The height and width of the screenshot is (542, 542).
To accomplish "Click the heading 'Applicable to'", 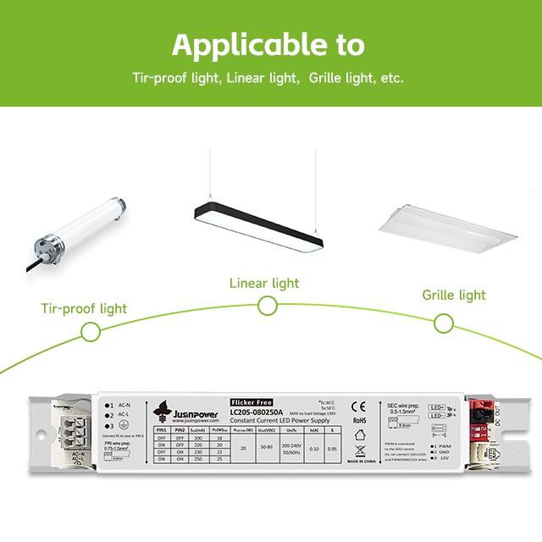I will pos(268,43).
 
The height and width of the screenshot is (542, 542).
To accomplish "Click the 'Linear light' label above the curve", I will pos(264,283).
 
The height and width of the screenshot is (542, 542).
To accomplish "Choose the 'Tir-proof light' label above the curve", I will pos(83,308).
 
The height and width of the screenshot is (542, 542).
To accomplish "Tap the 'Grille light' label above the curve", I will pos(454,295).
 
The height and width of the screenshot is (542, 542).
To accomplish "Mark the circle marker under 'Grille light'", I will pos(443,323).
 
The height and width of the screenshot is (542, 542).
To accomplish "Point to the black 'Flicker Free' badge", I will pos(252,401).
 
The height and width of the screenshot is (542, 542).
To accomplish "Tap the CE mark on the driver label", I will pos(358,405).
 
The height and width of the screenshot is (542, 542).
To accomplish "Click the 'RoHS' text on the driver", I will pos(358,420).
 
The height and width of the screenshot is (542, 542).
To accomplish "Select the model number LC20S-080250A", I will pos(257,412).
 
